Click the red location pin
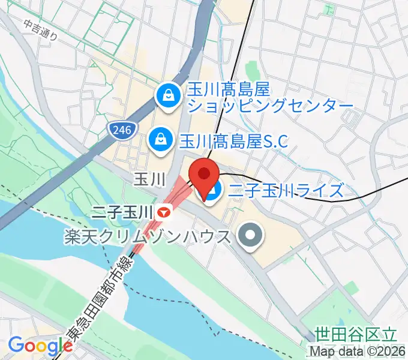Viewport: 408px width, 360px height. coord(204,175)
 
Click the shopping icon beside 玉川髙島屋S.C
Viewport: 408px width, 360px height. coord(161,139)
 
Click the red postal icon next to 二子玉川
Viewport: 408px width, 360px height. coord(164,212)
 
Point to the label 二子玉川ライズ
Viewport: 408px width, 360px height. coord(286,191)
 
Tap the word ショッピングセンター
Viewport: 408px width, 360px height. coord(271,107)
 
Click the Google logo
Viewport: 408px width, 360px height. coord(41,346)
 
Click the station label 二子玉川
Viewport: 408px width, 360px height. coord(123,212)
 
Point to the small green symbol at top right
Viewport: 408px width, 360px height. coord(329,9)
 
